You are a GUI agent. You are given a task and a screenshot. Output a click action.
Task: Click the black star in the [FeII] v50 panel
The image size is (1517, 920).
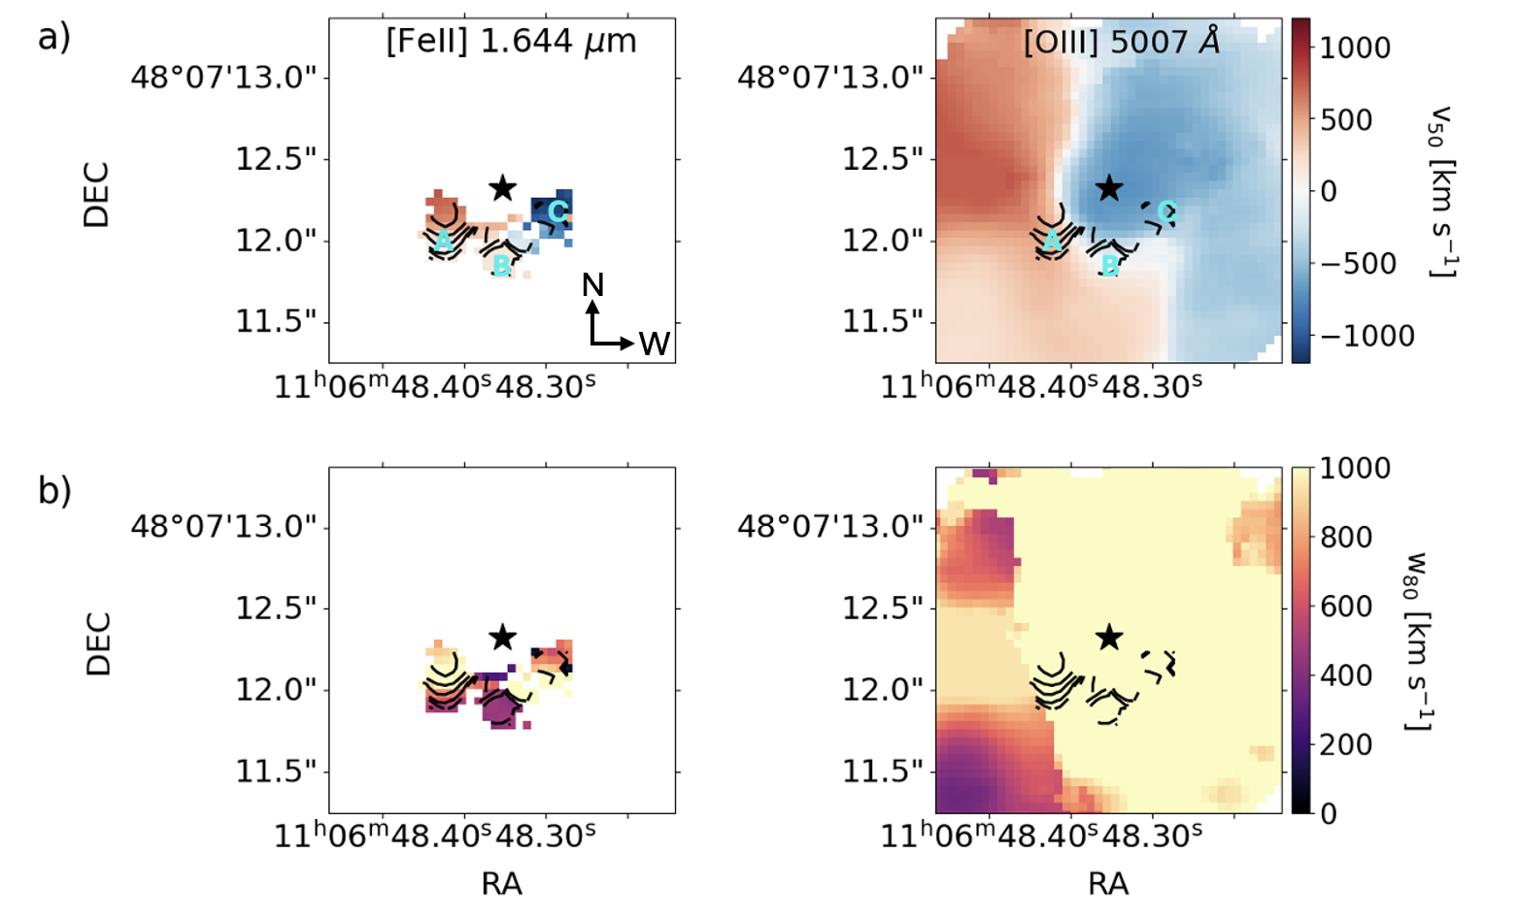502,188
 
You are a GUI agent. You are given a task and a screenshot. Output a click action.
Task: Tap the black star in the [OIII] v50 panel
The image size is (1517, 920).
1109,188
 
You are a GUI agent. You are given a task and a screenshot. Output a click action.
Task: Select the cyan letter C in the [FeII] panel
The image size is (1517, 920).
556,212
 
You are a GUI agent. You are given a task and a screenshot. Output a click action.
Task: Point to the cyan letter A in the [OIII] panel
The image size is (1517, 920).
1051,242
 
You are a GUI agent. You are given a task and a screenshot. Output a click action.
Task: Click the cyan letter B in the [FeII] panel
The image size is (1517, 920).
501,264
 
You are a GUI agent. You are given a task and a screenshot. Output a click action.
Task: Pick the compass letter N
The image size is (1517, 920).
592,284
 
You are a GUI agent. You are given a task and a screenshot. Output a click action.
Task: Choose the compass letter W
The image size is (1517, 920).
655,344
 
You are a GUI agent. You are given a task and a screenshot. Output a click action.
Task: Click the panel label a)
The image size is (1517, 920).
54,39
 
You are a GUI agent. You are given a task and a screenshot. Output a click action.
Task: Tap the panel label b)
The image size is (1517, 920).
54,491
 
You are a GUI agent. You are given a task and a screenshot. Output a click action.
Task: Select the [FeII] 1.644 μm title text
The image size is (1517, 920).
511,42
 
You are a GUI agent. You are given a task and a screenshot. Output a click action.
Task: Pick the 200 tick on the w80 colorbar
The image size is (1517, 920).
1345,744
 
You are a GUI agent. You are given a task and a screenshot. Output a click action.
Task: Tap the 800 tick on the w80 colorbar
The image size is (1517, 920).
1345,538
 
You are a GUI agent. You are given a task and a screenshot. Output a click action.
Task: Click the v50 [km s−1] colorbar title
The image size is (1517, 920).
1441,190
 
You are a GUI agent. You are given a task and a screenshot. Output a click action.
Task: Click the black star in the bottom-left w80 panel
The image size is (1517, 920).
502,638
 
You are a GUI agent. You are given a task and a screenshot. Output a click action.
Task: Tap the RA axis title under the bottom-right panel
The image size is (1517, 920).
1108,883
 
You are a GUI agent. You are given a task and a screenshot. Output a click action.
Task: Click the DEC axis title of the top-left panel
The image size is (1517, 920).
97,195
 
